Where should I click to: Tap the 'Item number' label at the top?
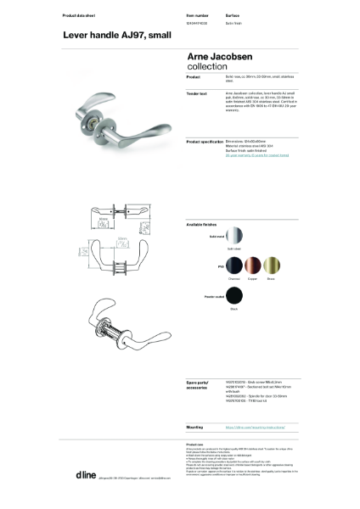click(196, 16)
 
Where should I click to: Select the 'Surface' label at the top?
click(233, 16)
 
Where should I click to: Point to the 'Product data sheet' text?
click(81, 16)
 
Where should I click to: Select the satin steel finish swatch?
click(235, 236)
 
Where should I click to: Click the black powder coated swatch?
click(233, 298)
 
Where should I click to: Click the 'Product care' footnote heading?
click(194, 443)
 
